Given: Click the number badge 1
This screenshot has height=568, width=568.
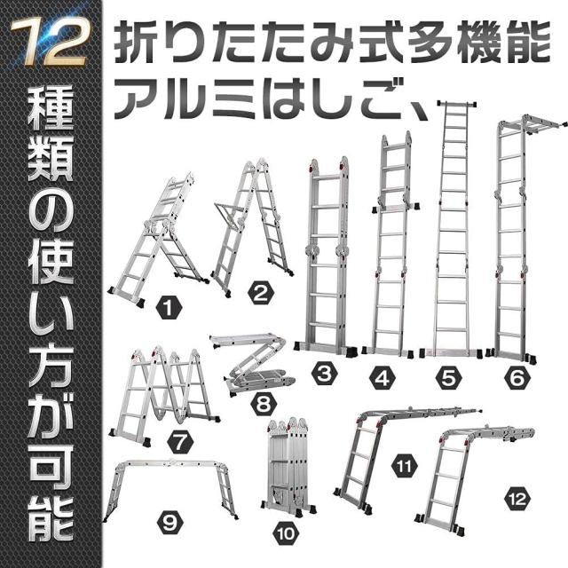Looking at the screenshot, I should pyautogui.click(x=165, y=309).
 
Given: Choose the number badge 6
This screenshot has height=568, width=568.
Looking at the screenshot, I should pyautogui.click(x=514, y=378).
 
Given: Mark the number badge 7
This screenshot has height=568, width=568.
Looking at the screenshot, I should pyautogui.click(x=178, y=440).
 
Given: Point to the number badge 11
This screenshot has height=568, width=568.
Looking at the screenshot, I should pyautogui.click(x=404, y=464).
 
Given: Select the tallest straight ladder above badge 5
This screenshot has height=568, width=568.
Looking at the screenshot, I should pyautogui.click(x=455, y=231).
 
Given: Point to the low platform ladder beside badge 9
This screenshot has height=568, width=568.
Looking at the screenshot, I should pyautogui.click(x=171, y=484).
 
